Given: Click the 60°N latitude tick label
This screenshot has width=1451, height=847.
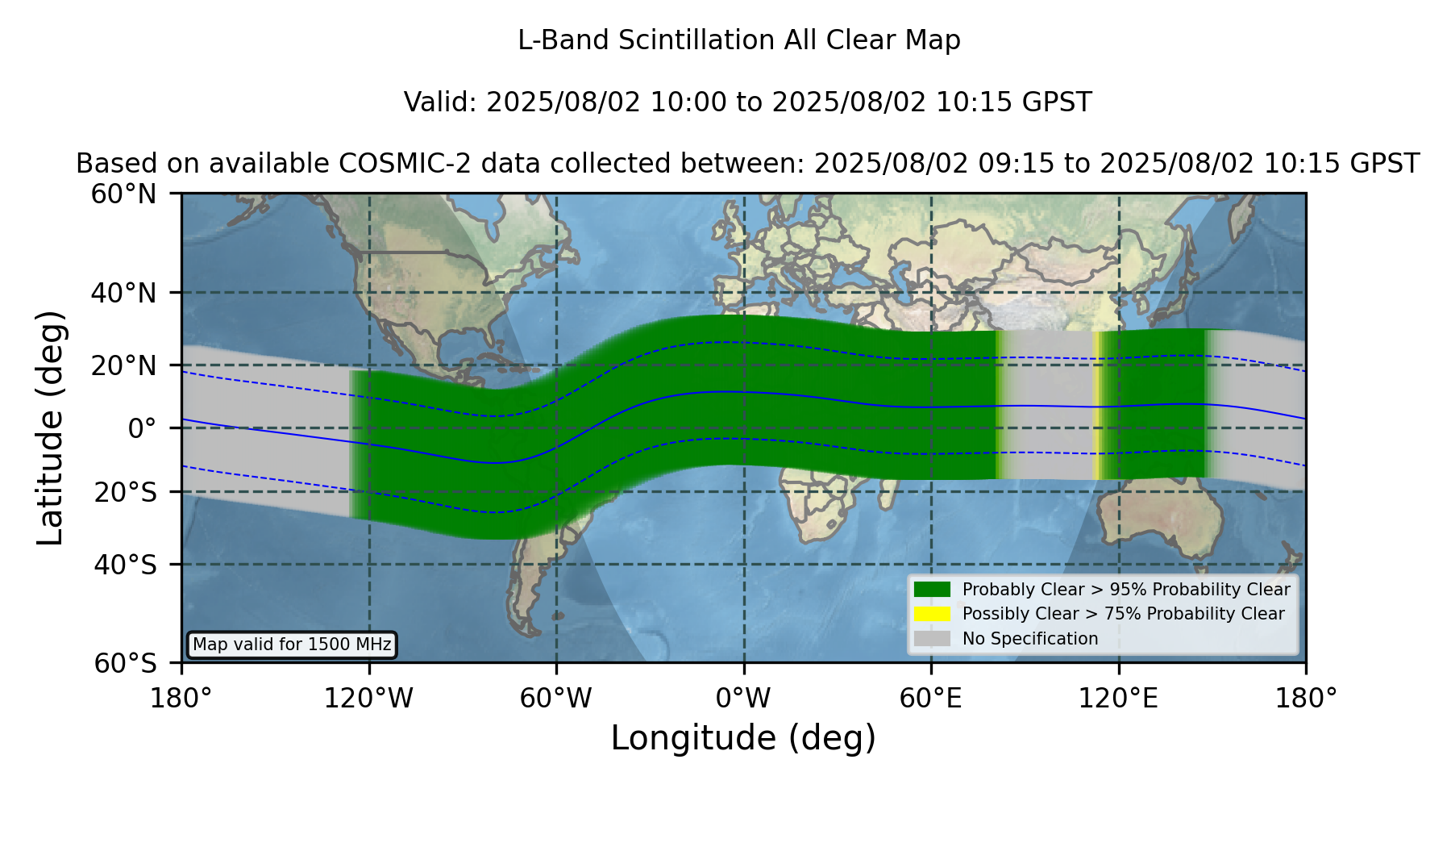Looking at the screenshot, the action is (124, 194).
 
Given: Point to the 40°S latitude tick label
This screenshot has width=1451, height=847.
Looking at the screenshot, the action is (125, 565).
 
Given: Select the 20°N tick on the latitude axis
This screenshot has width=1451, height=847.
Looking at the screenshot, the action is (124, 365).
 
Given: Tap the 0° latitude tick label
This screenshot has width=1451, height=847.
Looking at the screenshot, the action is (142, 428).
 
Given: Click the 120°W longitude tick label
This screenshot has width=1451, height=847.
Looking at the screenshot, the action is (368, 698).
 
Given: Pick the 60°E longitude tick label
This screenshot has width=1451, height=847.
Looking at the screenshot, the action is (931, 698).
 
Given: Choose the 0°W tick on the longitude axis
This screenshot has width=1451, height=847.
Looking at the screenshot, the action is (743, 698).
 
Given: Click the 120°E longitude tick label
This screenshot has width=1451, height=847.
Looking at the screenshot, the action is (1118, 698).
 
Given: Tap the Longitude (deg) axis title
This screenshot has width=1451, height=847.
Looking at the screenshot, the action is (743, 738).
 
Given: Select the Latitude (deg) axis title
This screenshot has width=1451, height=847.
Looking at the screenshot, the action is (50, 428).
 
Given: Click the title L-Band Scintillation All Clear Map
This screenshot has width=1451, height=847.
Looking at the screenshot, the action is (739, 40).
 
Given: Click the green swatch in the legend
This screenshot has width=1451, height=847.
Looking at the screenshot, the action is (933, 590).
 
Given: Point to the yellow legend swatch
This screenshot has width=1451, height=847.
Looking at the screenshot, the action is (933, 614).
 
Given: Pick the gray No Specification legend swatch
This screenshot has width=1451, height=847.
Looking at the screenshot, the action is (933, 639).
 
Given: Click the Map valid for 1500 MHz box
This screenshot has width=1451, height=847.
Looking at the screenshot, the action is (292, 645).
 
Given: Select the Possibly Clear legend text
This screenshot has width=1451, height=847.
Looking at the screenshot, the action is (1124, 614).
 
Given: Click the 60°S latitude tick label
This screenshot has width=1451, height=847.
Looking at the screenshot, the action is (125, 664).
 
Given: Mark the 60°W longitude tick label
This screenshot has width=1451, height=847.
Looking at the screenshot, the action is (555, 698).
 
